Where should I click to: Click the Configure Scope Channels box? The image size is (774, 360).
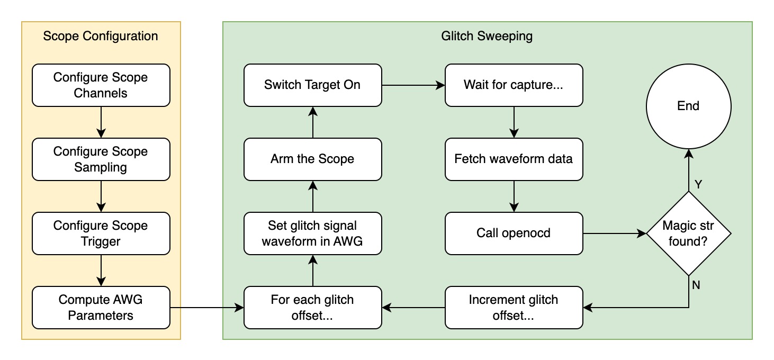(101, 85)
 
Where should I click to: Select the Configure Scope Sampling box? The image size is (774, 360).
(101, 159)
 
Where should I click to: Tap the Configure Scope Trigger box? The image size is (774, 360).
(101, 233)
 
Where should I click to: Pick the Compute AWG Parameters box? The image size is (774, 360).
(101, 308)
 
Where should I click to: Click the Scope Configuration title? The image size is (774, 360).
(101, 37)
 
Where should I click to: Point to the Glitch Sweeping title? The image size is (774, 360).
(487, 37)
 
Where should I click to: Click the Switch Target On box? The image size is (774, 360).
(312, 85)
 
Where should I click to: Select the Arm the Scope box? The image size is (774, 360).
(312, 159)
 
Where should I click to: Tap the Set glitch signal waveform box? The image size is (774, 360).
(312, 233)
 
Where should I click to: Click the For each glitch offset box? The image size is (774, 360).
(312, 308)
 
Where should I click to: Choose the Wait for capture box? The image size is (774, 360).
(514, 85)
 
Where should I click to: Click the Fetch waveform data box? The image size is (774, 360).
(514, 159)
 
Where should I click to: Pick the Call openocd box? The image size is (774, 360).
(514, 233)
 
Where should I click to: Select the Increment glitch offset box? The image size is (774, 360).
(514, 308)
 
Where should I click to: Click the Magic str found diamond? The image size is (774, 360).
(688, 233)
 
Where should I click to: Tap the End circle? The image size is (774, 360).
(688, 106)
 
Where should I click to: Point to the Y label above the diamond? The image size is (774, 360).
(698, 185)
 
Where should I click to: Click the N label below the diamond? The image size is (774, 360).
(696, 285)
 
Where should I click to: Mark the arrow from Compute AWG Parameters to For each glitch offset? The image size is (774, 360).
(206, 308)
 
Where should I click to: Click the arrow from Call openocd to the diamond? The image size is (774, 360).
(614, 233)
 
